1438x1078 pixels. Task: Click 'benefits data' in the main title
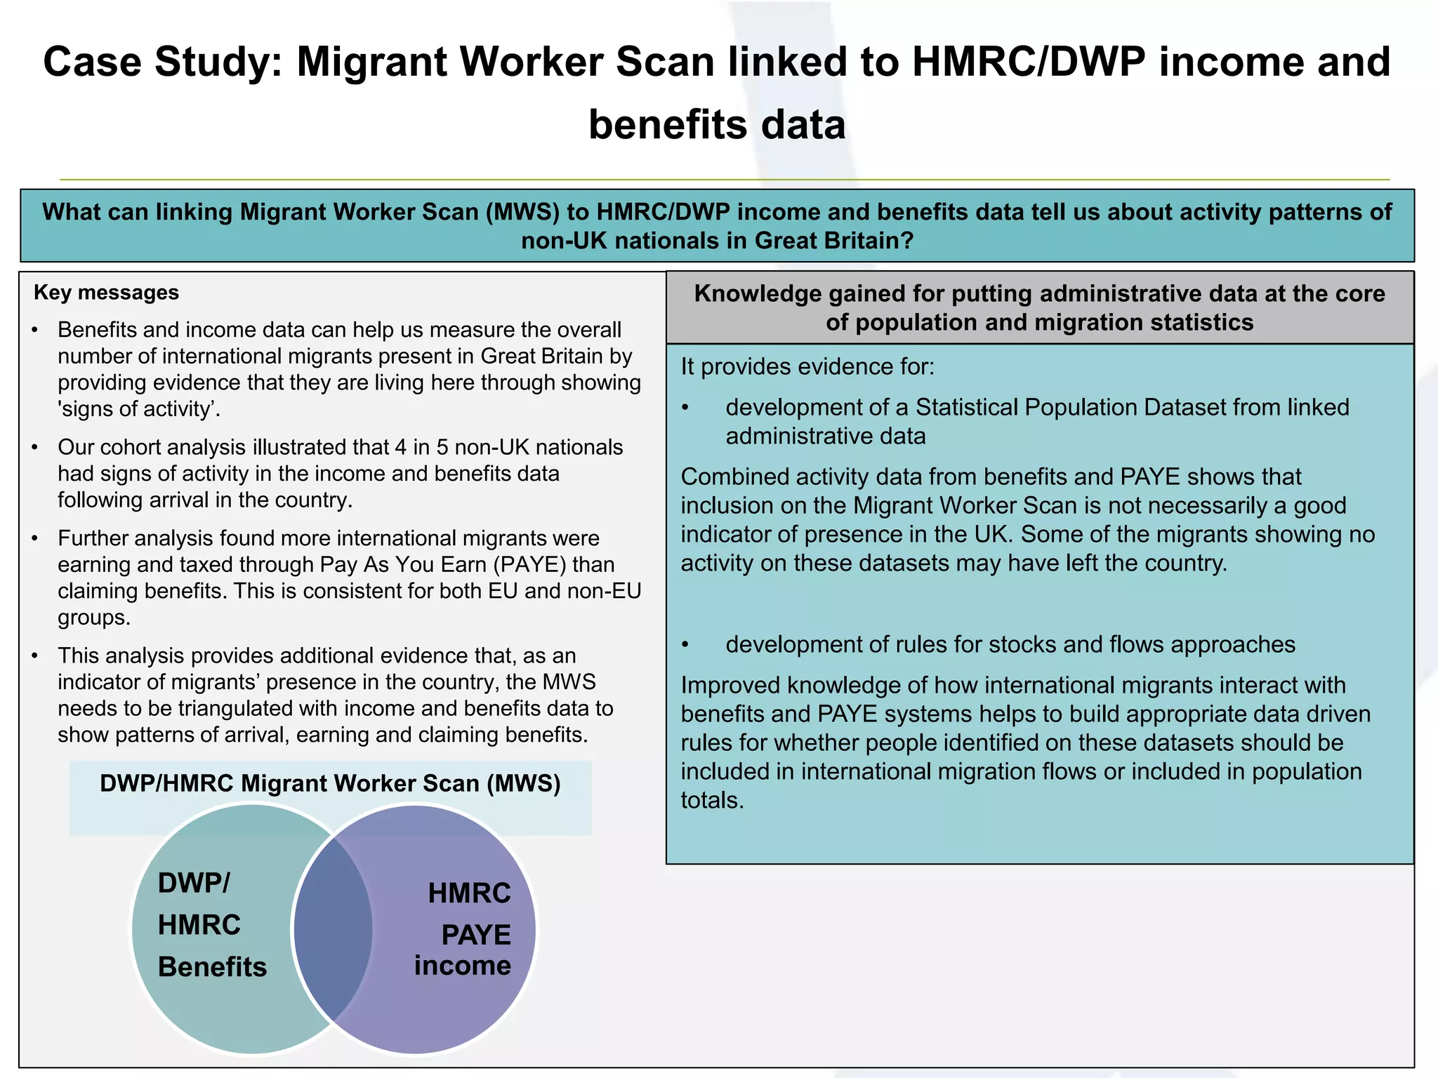tap(717, 125)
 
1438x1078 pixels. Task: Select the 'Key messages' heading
tap(106, 292)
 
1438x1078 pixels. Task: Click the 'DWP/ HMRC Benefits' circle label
tap(211, 924)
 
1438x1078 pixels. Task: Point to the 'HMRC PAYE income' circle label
tap(464, 928)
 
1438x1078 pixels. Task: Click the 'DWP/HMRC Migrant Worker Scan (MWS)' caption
tap(330, 783)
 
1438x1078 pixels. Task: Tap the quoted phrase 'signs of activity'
tap(138, 409)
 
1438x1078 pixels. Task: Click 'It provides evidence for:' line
tap(807, 366)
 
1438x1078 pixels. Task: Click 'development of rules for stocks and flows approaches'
tap(1010, 644)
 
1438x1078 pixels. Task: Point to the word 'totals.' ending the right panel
tap(712, 800)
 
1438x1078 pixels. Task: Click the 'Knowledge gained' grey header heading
tap(1039, 307)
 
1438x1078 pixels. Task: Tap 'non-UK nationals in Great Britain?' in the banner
tap(717, 241)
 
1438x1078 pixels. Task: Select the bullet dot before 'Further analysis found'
tap(35, 539)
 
